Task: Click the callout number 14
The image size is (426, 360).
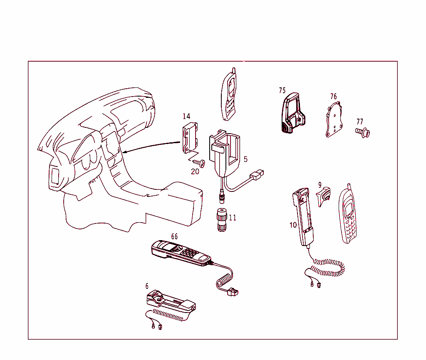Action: pyautogui.click(x=186, y=116)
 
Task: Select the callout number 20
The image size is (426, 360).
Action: pyautogui.click(x=195, y=171)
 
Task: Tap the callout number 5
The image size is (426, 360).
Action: pyautogui.click(x=245, y=159)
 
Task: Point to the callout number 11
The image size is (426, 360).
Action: pyautogui.click(x=233, y=218)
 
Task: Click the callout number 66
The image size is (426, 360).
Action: pyautogui.click(x=174, y=237)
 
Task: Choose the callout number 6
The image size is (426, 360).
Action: pyautogui.click(x=147, y=286)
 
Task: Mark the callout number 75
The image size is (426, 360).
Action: pyautogui.click(x=282, y=90)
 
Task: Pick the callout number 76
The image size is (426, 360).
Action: pyautogui.click(x=334, y=97)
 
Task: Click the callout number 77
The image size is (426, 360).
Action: pyautogui.click(x=360, y=122)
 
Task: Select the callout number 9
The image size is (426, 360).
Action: pyautogui.click(x=320, y=185)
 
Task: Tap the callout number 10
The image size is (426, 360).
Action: pyautogui.click(x=293, y=225)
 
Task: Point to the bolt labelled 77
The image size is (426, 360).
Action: pyautogui.click(x=363, y=132)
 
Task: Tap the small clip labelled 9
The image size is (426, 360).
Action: pyautogui.click(x=324, y=196)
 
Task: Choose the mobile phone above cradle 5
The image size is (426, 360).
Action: pyautogui.click(x=229, y=95)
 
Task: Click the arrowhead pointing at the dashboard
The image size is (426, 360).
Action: pyautogui.click(x=125, y=152)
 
